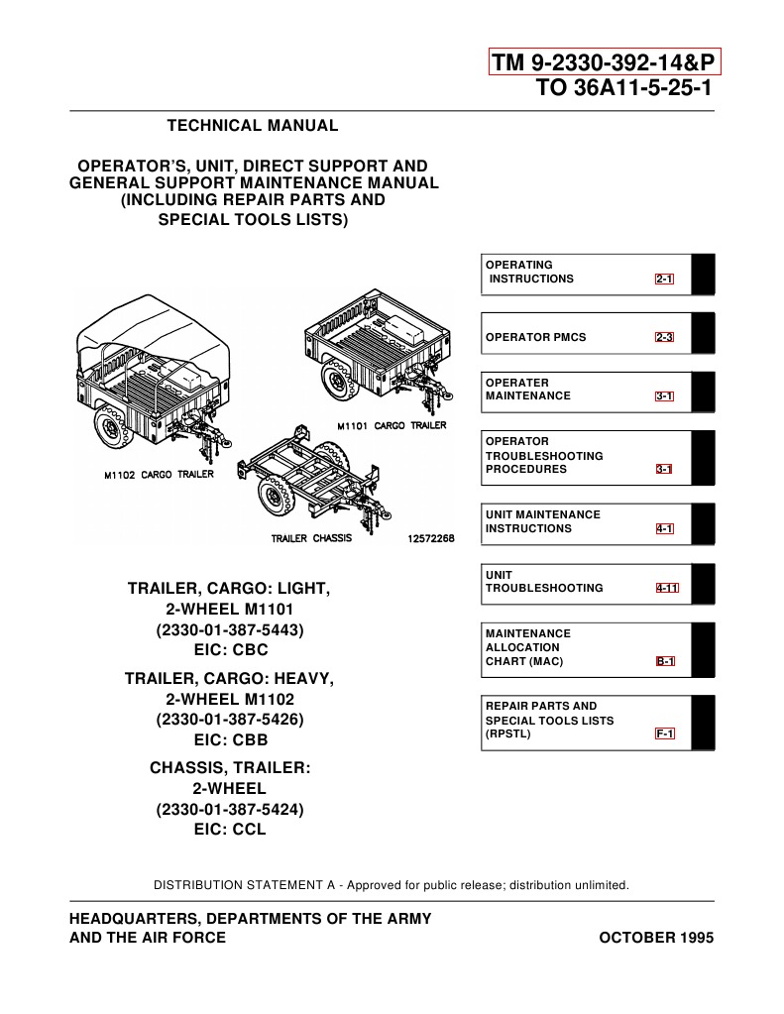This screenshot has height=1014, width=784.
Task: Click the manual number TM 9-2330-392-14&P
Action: [605, 63]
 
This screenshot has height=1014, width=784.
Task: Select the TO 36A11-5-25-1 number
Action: [623, 88]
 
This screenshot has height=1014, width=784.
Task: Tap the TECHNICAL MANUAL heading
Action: [252, 126]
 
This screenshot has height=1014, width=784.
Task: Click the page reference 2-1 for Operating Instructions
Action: [663, 280]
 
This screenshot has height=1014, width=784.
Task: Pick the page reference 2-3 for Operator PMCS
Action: [663, 338]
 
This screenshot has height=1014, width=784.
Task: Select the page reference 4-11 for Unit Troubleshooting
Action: [667, 589]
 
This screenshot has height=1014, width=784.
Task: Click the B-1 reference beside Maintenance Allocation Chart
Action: [664, 661]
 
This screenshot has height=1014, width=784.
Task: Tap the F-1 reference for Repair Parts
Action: [664, 734]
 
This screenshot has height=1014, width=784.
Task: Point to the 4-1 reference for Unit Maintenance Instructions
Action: [664, 529]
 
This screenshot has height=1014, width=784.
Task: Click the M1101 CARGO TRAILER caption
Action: [390, 426]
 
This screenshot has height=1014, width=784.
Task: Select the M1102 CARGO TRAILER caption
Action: [159, 475]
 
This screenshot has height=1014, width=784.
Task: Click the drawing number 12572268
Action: [430, 539]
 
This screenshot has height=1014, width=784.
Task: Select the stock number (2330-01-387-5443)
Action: [229, 630]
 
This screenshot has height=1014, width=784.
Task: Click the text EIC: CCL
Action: [230, 830]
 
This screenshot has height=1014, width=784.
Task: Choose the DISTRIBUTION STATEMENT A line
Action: [391, 884]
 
